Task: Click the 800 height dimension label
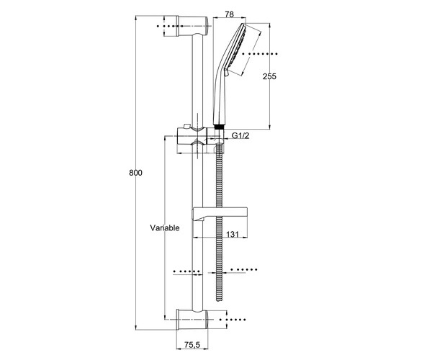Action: [135, 173]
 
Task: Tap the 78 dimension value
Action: [229, 14]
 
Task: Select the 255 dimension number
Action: [269, 76]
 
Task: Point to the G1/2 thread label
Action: [240, 135]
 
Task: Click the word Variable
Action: [165, 228]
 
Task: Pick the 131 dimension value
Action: [233, 234]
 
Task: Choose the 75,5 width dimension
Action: [192, 345]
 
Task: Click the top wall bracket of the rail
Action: [192, 26]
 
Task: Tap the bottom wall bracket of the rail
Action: [192, 319]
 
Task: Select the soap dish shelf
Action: [220, 212]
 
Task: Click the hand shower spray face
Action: [235, 48]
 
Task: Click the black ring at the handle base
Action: [219, 127]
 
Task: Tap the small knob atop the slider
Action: [187, 126]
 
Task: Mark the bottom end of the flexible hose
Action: [220, 300]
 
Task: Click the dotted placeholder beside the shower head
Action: [260, 54]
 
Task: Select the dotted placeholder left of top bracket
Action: [170, 26]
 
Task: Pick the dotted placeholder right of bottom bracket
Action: [233, 320]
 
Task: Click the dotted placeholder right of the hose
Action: [244, 269]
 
